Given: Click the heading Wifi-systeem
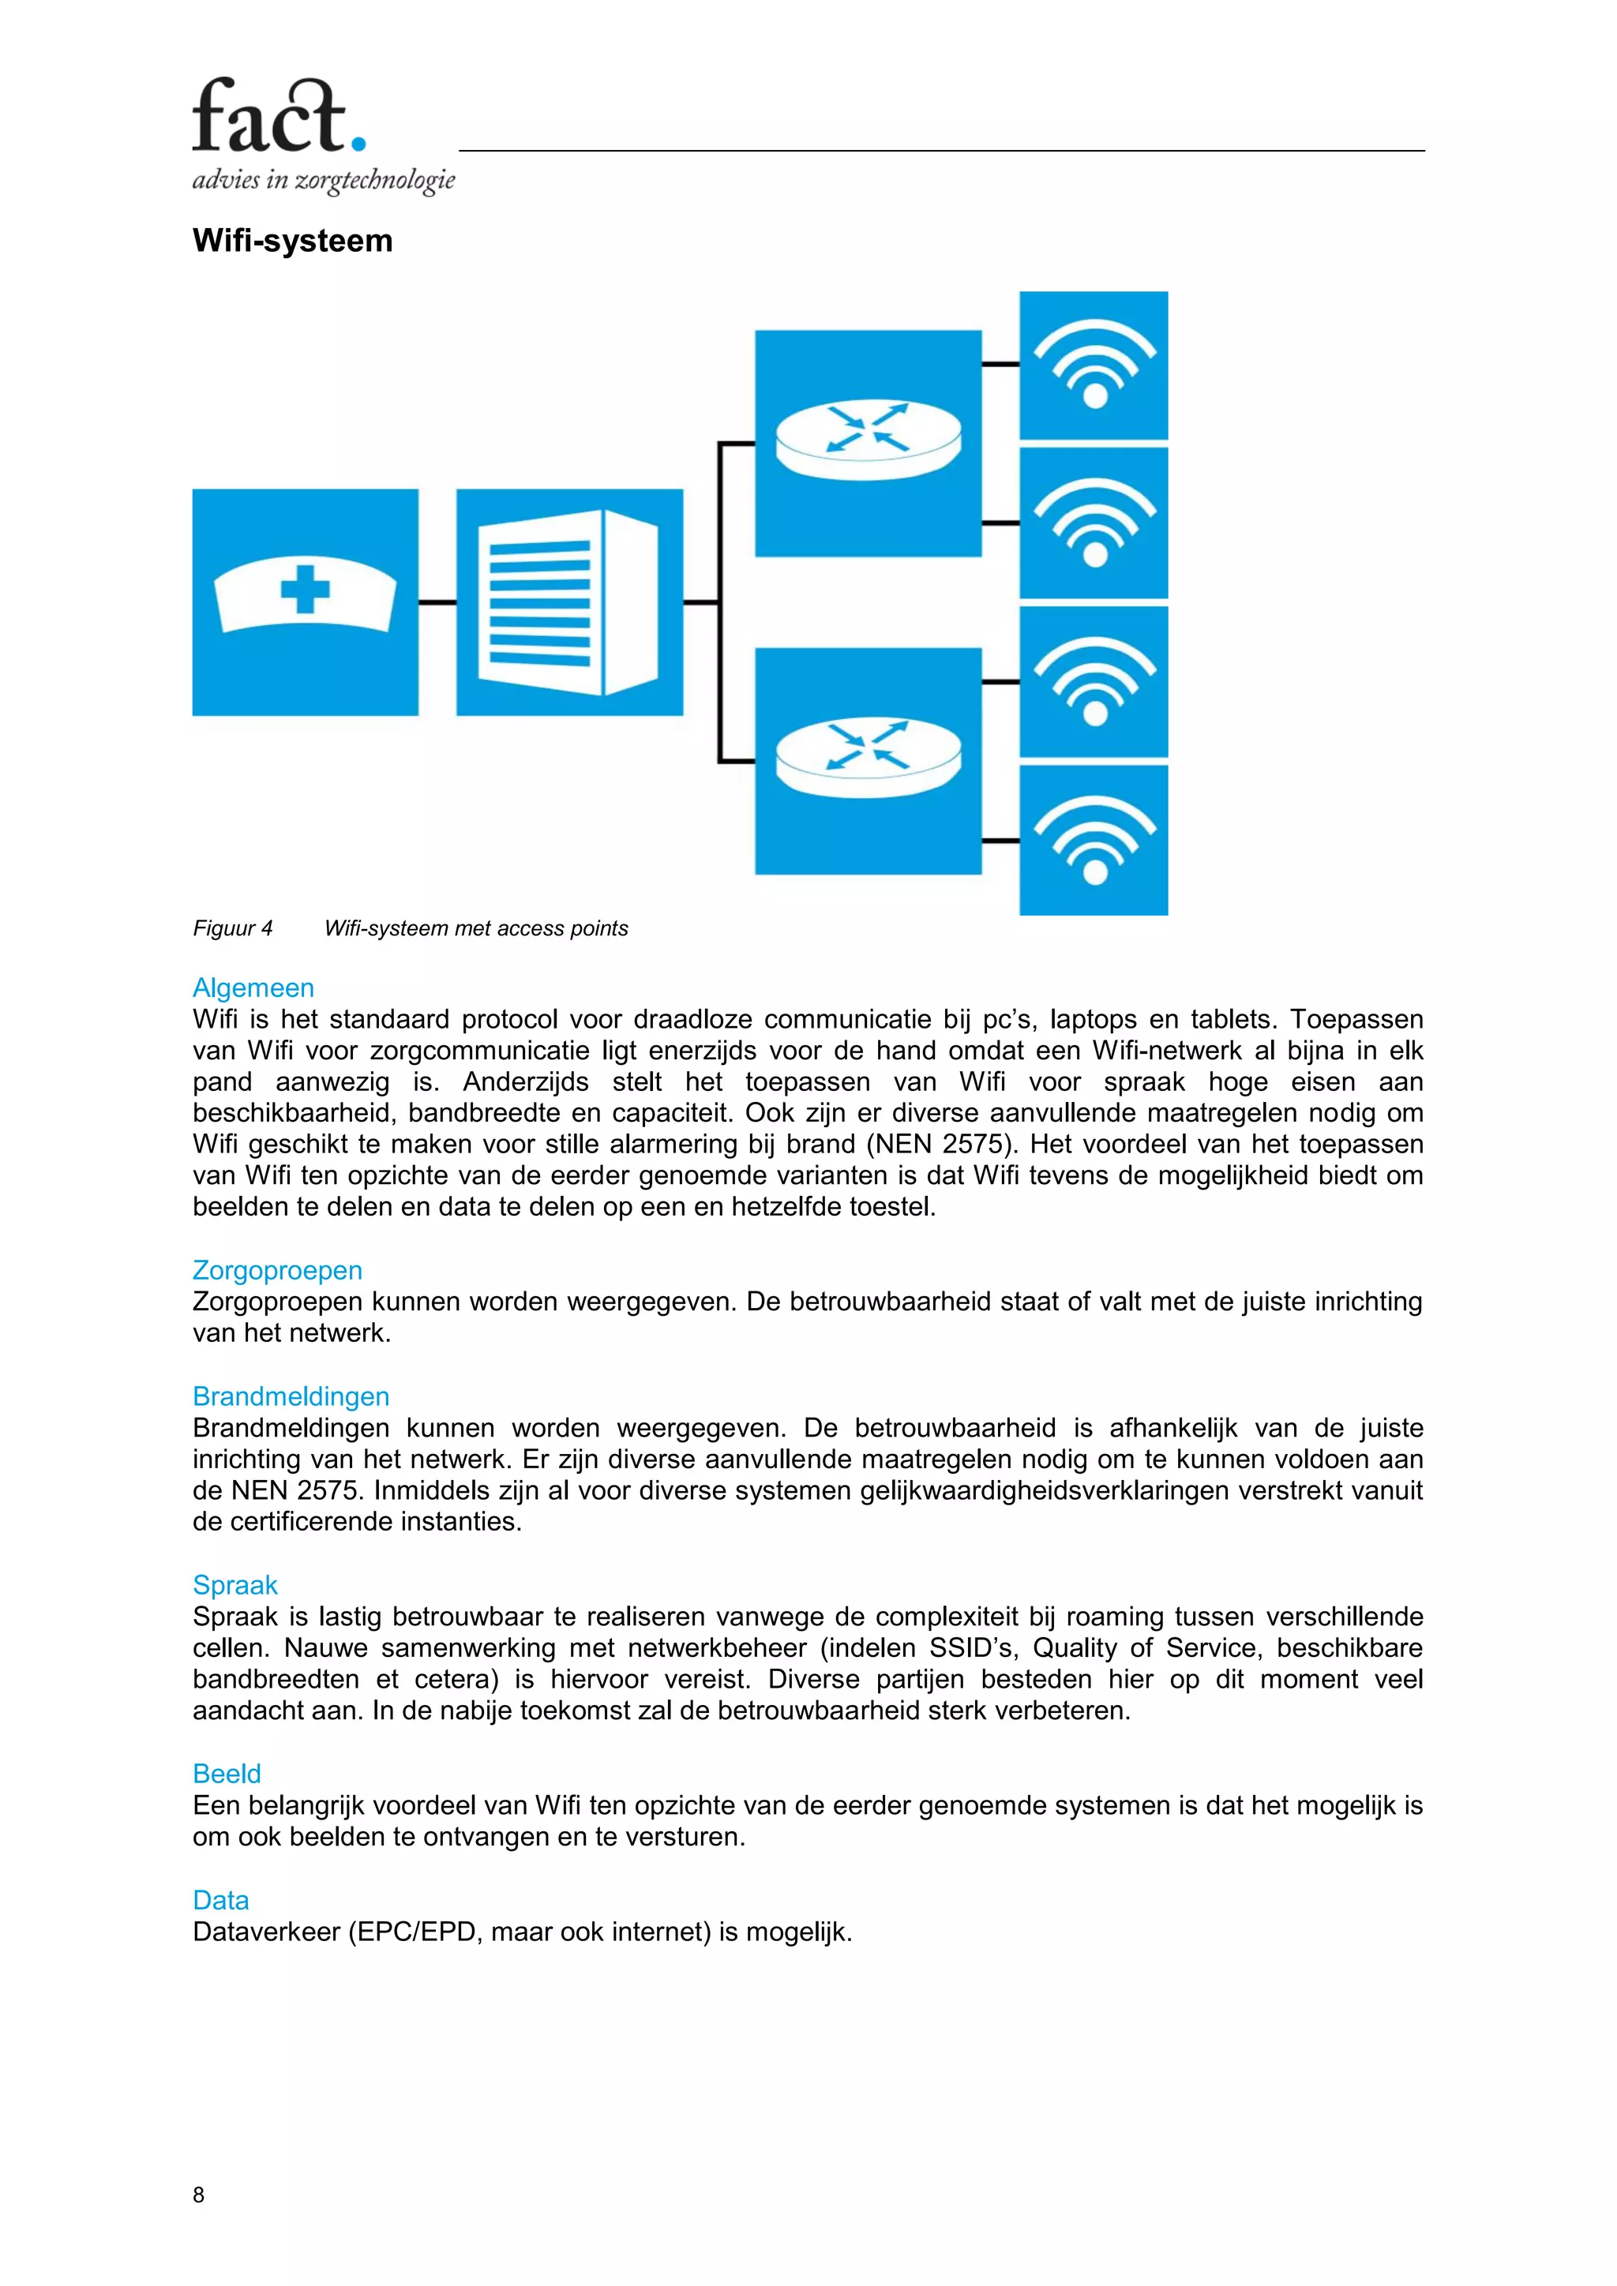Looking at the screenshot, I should pyautogui.click(x=293, y=241).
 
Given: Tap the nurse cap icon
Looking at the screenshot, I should pyautogui.click(x=305, y=601).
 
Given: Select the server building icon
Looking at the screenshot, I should pyautogui.click(x=569, y=601).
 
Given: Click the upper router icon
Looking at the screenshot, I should pyautogui.click(x=869, y=443).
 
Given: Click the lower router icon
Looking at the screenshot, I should pyautogui.click(x=869, y=762).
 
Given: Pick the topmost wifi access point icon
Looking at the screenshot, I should pyautogui.click(x=1094, y=365).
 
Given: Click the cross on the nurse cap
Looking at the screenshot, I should pyautogui.click(x=305, y=590).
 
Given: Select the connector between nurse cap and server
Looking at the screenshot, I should pyautogui.click(x=437, y=602).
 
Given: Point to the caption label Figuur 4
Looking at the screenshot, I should pyautogui.click(x=232, y=929).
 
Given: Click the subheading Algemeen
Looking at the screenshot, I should pyautogui.click(x=253, y=987).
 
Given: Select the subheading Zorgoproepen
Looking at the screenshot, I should pyautogui.click(x=277, y=1270).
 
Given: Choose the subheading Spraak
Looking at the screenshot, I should pyautogui.click(x=235, y=1585).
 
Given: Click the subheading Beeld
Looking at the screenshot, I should pyautogui.click(x=226, y=1773).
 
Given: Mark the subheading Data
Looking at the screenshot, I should pyautogui.click(x=220, y=1900).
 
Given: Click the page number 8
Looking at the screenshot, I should pyautogui.click(x=198, y=2194).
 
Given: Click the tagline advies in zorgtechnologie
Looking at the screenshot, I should pyautogui.click(x=324, y=180).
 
